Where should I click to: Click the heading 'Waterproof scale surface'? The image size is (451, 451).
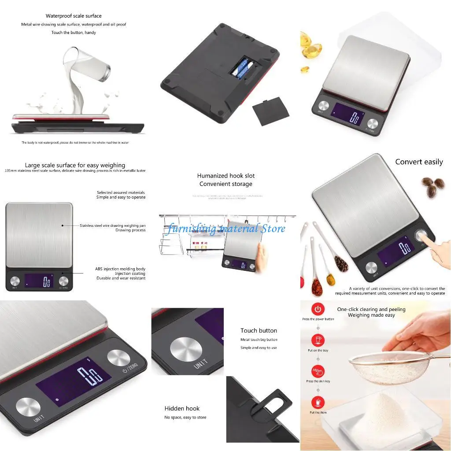74,16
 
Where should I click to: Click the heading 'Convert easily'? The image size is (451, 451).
419,162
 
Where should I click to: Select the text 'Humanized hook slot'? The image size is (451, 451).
226,176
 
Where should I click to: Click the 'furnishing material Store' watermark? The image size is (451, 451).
226,228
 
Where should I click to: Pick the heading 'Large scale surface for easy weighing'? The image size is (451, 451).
75,166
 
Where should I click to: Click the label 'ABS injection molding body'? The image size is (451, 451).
120,269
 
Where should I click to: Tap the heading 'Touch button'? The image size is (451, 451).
259,331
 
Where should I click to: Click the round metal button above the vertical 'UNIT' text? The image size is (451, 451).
186,349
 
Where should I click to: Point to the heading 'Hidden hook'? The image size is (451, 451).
182,409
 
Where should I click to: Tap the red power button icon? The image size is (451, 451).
318,309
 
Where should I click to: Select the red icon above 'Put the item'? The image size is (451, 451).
318,403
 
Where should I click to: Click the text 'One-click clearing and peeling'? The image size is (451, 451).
371,309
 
